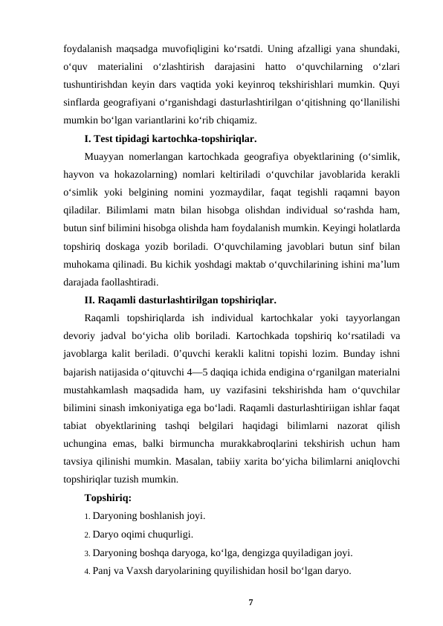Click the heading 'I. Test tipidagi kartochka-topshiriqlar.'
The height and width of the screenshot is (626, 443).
pos(171,139)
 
